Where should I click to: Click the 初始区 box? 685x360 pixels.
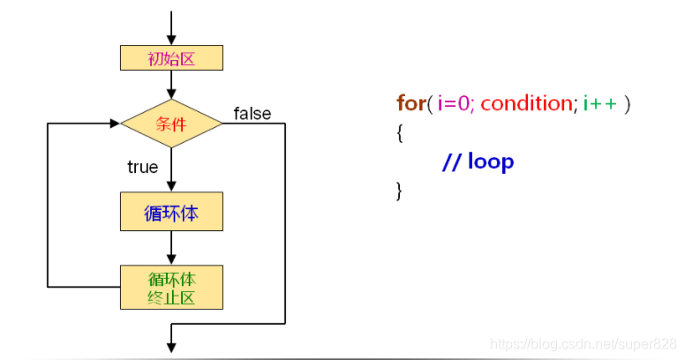click(171, 58)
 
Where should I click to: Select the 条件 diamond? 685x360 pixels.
click(171, 124)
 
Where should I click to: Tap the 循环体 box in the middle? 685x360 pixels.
click(171, 212)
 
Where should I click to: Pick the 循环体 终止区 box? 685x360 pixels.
click(171, 287)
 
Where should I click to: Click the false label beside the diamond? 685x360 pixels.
click(252, 113)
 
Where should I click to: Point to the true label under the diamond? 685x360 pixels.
click(142, 167)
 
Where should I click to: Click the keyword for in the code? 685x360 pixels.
click(410, 103)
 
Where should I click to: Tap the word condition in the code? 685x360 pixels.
click(526, 103)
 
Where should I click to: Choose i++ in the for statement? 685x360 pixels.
click(601, 103)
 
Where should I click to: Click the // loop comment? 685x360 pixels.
click(478, 162)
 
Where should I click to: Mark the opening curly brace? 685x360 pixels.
click(400, 133)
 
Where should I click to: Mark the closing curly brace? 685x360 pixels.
click(400, 191)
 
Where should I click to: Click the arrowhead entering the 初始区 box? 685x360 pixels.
click(171, 40)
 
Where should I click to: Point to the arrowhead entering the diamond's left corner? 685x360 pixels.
click(115, 124)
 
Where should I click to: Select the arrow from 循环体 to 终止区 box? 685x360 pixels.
click(171, 248)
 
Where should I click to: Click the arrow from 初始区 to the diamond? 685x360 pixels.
click(171, 86)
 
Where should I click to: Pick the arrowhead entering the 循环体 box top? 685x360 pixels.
click(171, 187)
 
